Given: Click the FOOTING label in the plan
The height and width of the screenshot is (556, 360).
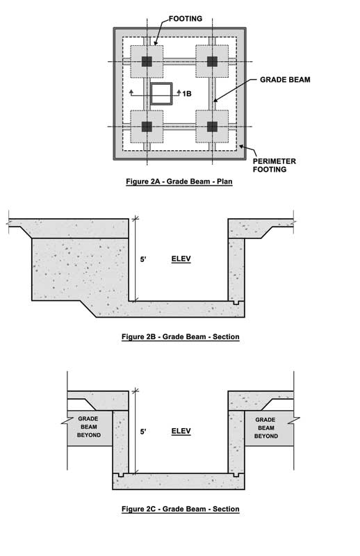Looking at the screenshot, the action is tap(185, 19).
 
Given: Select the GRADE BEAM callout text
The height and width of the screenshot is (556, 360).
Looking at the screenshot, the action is tap(285, 79).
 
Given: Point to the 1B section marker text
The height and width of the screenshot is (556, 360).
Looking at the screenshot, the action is tap(187, 94).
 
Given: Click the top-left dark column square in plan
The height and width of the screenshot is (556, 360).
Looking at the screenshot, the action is tap(147, 61).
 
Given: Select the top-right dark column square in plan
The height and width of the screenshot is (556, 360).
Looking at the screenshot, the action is tap(212, 61).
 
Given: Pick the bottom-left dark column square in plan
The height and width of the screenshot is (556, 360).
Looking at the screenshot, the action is tap(147, 126).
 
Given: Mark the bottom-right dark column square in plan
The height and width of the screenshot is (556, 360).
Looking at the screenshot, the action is tap(212, 126).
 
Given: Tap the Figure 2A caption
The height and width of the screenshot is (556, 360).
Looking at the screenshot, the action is tap(179, 181).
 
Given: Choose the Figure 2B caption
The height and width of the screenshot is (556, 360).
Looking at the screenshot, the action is tap(181, 336).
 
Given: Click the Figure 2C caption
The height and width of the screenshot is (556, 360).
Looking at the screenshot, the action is tap(181, 509).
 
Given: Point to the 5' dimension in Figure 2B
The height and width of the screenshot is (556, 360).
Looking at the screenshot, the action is tap(143, 259).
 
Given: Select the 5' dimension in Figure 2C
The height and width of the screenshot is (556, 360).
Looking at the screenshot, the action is tap(143, 432).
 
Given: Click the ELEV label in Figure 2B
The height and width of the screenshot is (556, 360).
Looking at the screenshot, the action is tap(181, 259).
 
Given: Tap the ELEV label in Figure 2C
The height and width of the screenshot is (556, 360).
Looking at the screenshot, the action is tap(181, 431).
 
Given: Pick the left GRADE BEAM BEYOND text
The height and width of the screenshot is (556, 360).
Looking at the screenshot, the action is tap(89, 427).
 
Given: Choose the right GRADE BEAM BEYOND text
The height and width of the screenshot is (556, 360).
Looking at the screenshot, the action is tap(265, 427).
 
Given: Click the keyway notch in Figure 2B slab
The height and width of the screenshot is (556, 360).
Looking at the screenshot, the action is tap(236, 303).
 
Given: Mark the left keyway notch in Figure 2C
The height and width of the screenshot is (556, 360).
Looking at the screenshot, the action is tap(122, 475).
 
